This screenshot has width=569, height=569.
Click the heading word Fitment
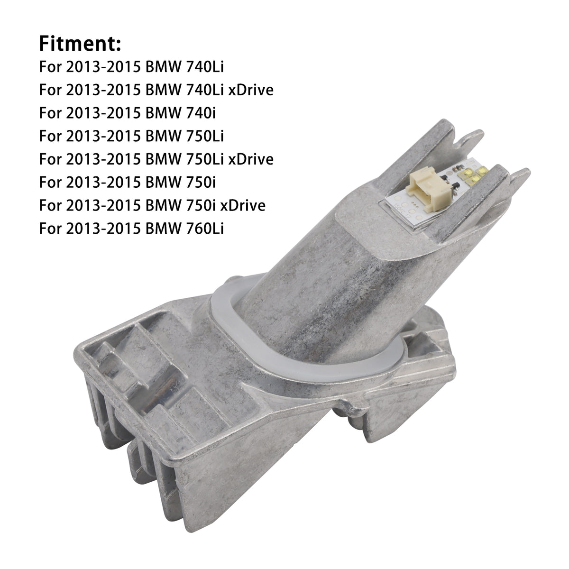(80, 44)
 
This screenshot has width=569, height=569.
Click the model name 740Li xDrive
(229, 90)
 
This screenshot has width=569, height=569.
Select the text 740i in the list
(201, 113)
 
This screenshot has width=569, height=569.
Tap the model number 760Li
(205, 228)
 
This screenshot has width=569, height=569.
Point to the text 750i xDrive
(226, 205)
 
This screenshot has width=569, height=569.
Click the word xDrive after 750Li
(251, 159)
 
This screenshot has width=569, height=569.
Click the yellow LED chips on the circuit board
(472, 175)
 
